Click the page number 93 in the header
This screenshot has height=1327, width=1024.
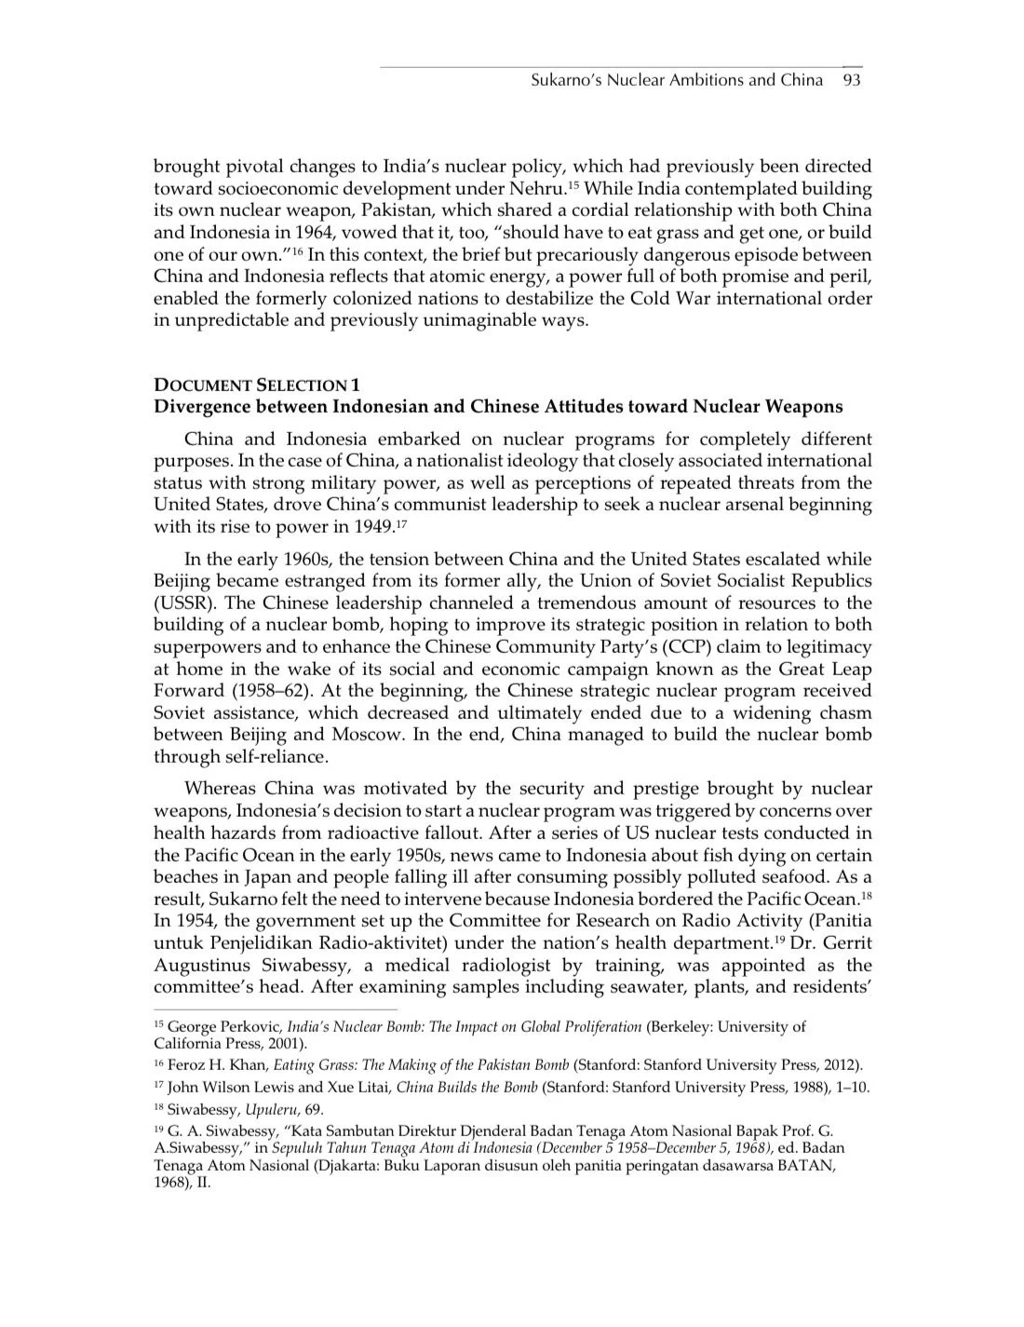(x=852, y=80)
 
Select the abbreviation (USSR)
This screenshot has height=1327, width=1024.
(x=184, y=603)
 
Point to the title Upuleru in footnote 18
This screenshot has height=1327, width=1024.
(x=266, y=1109)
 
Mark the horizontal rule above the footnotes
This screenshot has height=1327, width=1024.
(x=275, y=1008)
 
